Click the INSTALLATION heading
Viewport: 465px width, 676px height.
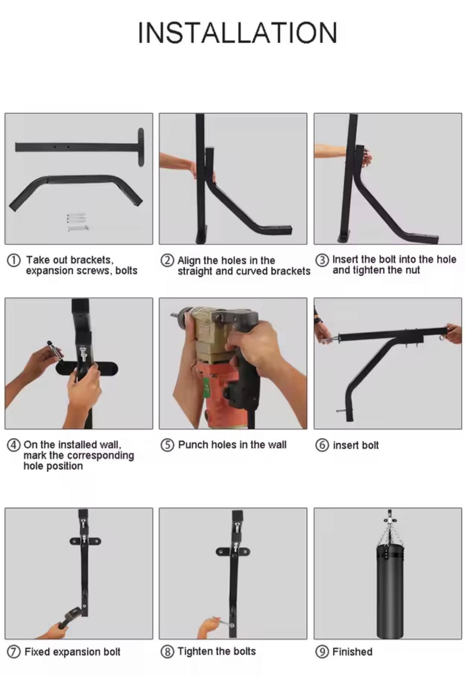237,33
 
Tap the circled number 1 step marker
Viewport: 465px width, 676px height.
13,261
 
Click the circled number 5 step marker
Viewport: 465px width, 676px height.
167,445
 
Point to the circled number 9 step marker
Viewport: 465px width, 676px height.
322,652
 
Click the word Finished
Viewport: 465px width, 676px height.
352,652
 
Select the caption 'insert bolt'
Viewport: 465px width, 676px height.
356,445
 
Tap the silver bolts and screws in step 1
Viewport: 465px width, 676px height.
77,222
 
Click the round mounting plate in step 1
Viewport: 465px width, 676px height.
141,147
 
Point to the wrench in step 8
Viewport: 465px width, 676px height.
222,622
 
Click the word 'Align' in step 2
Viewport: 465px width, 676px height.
189,261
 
